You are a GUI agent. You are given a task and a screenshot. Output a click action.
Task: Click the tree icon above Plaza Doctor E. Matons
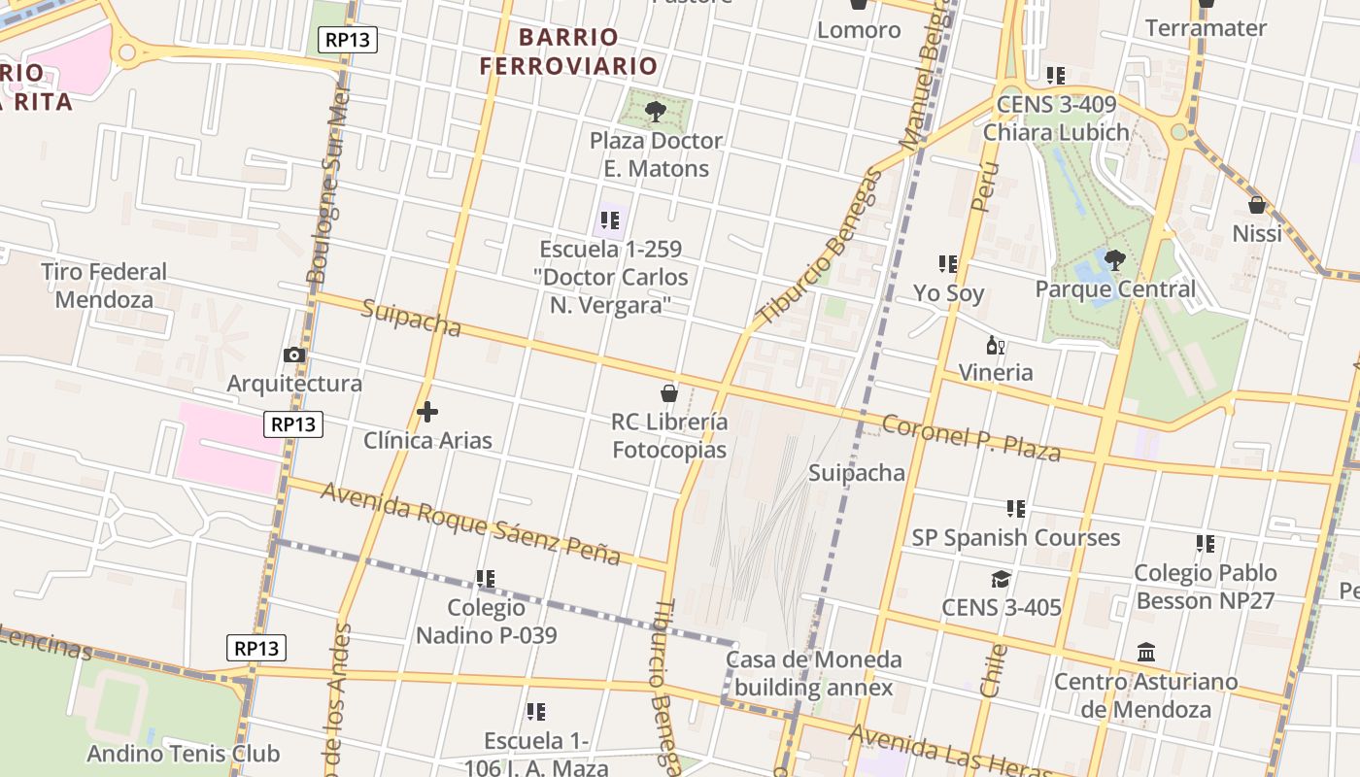(656, 111)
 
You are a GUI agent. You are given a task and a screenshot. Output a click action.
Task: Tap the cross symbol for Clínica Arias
(426, 412)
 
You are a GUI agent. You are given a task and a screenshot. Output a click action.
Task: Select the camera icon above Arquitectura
(294, 355)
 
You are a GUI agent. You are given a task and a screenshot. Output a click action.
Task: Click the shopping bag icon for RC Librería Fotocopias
(668, 393)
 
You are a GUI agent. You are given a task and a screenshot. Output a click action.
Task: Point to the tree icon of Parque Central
(1115, 259)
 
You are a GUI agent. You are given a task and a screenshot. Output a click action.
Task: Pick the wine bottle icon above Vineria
(995, 345)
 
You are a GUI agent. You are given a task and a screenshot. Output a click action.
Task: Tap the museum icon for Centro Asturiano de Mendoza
(1145, 652)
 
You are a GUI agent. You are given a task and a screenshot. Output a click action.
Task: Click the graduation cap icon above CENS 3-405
(1001, 580)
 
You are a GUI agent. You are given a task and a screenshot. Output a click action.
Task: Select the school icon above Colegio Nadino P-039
(486, 579)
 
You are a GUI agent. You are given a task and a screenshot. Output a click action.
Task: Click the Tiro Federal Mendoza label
(104, 286)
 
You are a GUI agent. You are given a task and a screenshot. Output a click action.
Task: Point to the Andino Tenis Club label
(183, 754)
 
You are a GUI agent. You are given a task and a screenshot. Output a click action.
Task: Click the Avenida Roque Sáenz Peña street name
(470, 523)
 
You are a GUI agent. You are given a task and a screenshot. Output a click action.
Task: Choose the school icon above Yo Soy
(948, 264)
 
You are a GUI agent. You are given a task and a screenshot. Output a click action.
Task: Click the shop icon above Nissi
(1256, 205)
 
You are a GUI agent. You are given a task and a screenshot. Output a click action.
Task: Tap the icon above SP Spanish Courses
(1016, 508)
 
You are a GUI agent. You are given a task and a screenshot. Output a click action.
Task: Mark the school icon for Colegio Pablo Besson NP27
(1205, 544)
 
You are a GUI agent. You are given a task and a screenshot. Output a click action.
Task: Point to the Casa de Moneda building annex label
(814, 674)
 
